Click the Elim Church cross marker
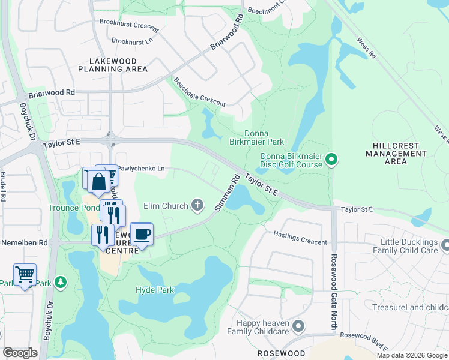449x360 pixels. pos(197,206)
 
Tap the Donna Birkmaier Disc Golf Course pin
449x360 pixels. pos(331,160)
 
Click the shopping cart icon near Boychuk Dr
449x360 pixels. pos(25,275)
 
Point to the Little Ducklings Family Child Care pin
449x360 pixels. pos(445,245)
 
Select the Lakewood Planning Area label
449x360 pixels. pos(113,65)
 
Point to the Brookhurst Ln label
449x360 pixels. pos(132,41)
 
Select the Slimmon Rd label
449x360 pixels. pos(228,193)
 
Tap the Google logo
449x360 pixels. pos(20,353)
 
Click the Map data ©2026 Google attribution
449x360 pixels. pos(412,355)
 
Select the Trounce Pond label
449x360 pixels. pos(74,208)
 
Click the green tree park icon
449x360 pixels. pos(60,281)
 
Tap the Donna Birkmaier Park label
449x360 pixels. pos(256,138)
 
